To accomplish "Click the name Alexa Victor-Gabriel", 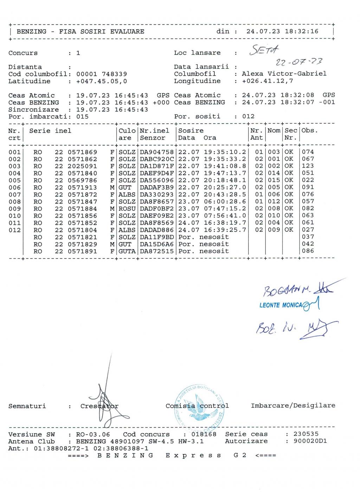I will tap(284, 74).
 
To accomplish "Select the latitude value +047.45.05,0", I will tap(102, 81).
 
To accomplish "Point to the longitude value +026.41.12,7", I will tap(267, 81).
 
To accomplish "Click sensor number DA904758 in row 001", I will tap(157, 152).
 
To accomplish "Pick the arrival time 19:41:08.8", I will tap(225, 166).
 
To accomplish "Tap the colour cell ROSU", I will tap(127, 208).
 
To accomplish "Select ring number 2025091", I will tap(82, 166).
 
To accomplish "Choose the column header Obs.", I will tap(309, 131).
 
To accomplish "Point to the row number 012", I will tap(14, 230).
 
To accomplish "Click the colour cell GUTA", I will tap(127, 251).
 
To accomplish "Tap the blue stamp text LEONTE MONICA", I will tap(281, 305).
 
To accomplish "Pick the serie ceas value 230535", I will tap(306, 434).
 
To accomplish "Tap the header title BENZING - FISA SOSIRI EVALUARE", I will tap(81, 31).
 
